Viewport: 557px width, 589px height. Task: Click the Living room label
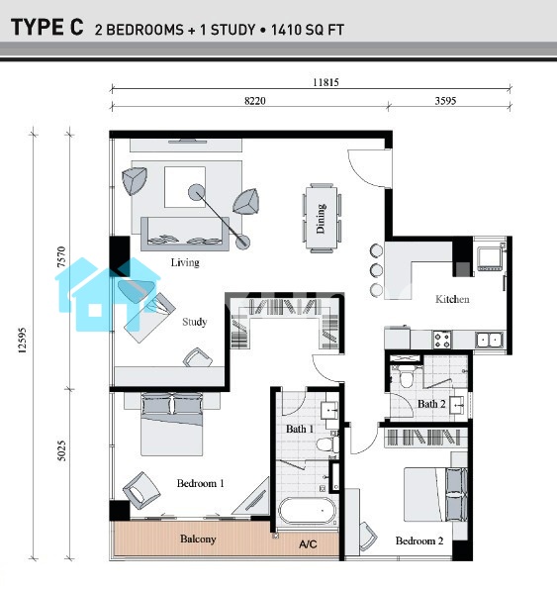185,262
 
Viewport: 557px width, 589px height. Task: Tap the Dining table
322,218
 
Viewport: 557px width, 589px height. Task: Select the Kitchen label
452,299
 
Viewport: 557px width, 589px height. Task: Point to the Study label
195,322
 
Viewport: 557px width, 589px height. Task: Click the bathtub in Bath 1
308,511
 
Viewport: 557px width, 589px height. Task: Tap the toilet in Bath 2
406,377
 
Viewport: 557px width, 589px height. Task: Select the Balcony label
198,540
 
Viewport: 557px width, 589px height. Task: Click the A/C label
308,543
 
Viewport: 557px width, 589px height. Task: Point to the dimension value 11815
325,82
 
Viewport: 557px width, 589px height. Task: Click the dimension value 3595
445,101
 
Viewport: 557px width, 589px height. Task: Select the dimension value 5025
62,450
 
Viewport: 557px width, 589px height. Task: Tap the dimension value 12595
22,341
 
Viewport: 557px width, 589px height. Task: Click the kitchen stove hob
442,340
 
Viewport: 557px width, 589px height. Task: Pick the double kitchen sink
490,340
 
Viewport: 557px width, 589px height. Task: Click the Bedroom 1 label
201,483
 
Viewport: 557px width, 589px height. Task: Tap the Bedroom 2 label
419,540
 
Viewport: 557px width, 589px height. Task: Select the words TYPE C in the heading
47,28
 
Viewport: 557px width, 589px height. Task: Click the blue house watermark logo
108,295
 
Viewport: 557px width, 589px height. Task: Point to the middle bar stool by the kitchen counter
376,270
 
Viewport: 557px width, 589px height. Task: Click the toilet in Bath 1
326,444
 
